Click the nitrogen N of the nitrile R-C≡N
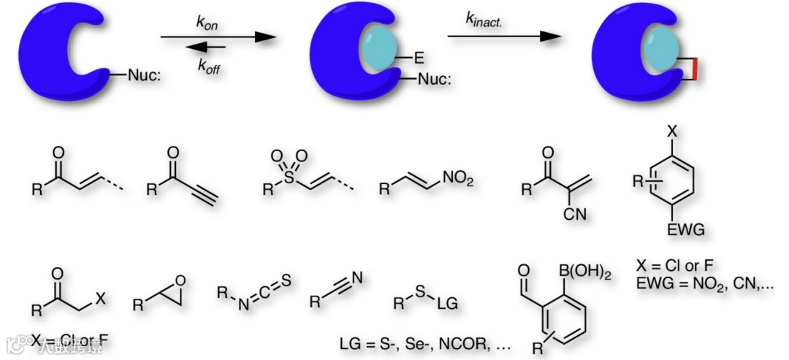tap(356, 277)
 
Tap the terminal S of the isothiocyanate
tap(286, 277)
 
